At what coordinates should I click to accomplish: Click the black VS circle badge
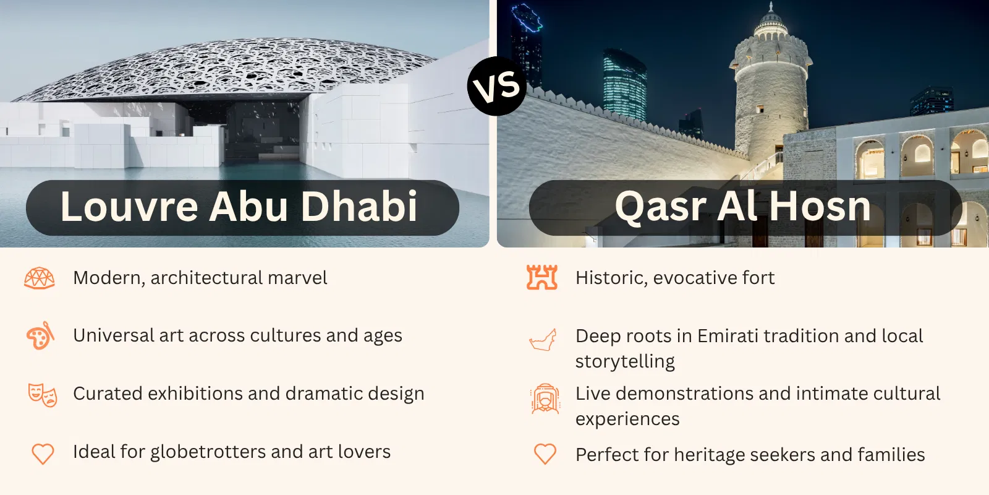coord(497,86)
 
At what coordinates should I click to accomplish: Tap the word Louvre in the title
coord(129,206)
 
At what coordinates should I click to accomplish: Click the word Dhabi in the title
coord(359,206)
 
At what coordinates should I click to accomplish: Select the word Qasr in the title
coord(660,207)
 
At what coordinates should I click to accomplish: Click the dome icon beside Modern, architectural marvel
coord(40,278)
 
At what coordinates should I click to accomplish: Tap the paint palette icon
coord(40,335)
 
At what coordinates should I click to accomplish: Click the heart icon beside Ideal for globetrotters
coord(43,454)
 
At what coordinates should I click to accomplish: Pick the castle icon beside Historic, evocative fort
coord(542,277)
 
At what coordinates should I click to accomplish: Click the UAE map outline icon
coord(543,340)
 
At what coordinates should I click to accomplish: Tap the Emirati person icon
coord(545,398)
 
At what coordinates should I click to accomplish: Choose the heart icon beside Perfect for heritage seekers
coord(545,454)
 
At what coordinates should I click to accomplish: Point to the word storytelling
coord(625,361)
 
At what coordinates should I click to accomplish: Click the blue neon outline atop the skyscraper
coord(527,18)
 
